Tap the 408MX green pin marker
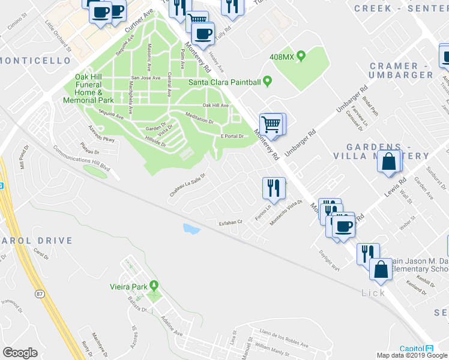click(301, 57)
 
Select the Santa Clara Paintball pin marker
click(268, 82)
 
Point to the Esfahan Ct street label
click(229, 221)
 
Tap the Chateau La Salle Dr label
click(188, 184)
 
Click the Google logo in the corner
click(20, 352)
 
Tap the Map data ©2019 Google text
click(411, 355)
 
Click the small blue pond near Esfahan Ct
click(191, 229)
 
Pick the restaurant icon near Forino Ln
click(273, 188)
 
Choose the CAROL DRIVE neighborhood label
click(36, 241)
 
